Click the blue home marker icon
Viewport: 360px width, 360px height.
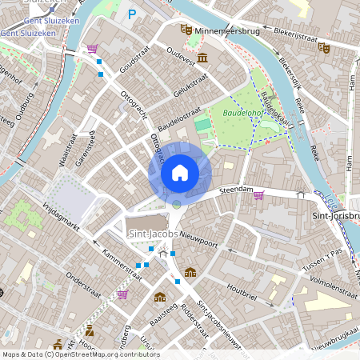180,173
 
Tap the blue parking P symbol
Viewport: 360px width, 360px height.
132,14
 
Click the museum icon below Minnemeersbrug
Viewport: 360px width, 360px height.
202,58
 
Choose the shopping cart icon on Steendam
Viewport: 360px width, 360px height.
258,194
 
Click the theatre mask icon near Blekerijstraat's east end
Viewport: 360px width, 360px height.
324,47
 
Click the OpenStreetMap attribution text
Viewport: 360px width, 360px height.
80,354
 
